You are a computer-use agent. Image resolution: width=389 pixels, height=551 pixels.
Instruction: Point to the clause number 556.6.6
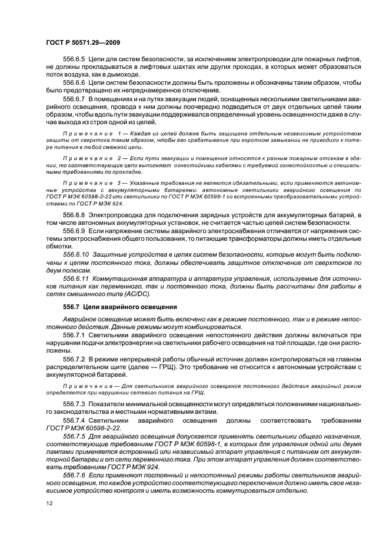coord(74,83)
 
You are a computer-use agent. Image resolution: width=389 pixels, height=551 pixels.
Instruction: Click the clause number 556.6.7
coord(74,99)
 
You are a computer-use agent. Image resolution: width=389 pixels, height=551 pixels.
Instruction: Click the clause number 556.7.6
coord(74,473)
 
